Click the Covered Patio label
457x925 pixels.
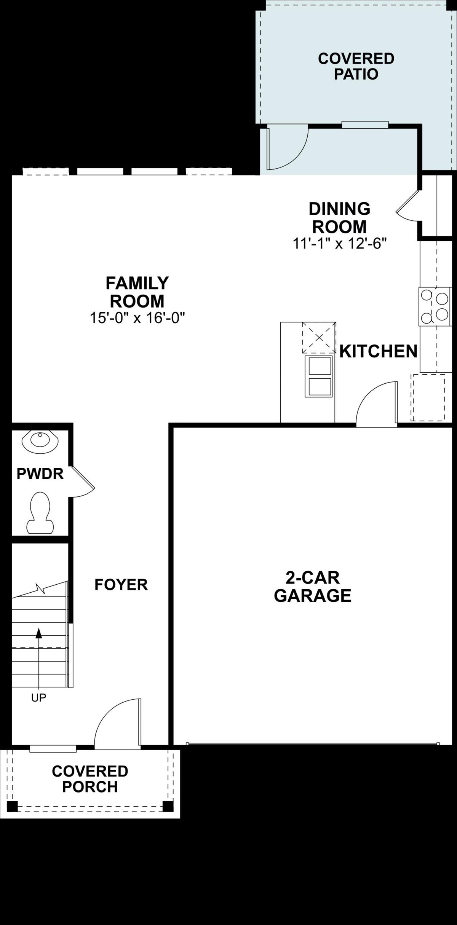pyautogui.click(x=356, y=66)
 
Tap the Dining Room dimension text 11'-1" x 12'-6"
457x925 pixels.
pyautogui.click(x=339, y=243)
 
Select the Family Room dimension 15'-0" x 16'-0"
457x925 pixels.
pyautogui.click(x=137, y=317)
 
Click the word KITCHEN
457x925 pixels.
pyautogui.click(x=378, y=351)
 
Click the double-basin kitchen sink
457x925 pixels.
pyautogui.click(x=319, y=376)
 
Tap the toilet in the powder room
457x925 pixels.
pyautogui.click(x=40, y=513)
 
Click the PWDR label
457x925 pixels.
pyautogui.click(x=40, y=474)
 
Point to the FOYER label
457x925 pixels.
pyautogui.click(x=121, y=585)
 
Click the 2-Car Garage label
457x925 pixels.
pyautogui.click(x=312, y=587)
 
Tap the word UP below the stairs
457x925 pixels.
pyautogui.click(x=38, y=698)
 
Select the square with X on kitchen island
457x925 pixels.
pyautogui.click(x=319, y=337)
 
